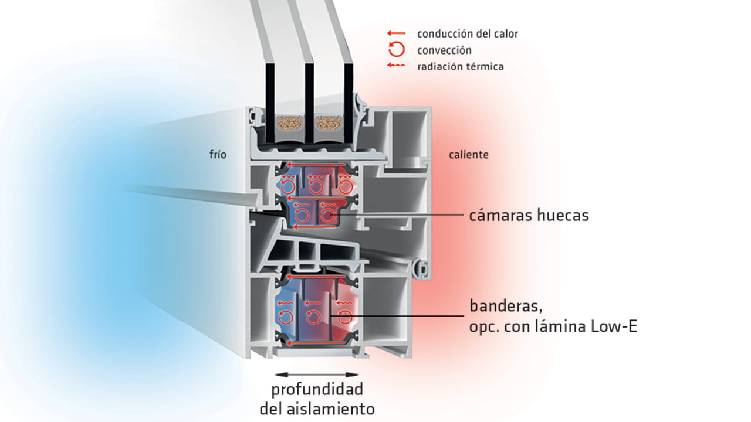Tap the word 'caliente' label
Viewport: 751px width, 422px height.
pyautogui.click(x=468, y=155)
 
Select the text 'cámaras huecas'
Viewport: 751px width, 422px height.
pyautogui.click(x=529, y=216)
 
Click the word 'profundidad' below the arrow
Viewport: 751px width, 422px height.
pyautogui.click(x=317, y=390)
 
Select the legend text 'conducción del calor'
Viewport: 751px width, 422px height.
pyautogui.click(x=468, y=33)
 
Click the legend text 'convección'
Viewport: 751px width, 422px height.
pyautogui.click(x=444, y=50)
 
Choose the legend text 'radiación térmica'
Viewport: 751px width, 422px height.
pyautogui.click(x=461, y=67)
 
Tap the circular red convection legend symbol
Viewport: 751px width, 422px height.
pyautogui.click(x=397, y=50)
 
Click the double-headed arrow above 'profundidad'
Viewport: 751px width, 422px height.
pyautogui.click(x=317, y=374)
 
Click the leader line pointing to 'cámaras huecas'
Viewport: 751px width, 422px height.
pyautogui.click(x=399, y=216)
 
